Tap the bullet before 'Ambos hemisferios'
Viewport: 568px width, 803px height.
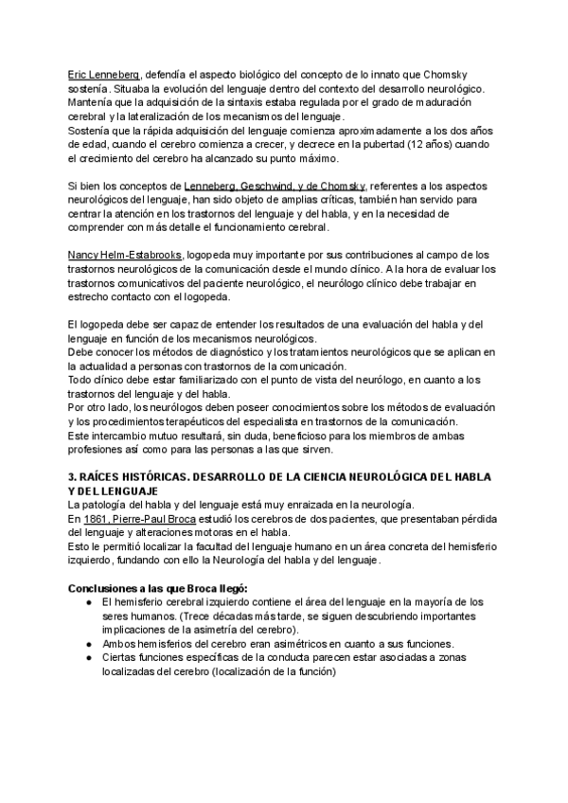[88, 643]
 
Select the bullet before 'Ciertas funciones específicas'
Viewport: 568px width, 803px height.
[88, 657]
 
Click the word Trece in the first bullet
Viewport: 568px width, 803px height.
[210, 616]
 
